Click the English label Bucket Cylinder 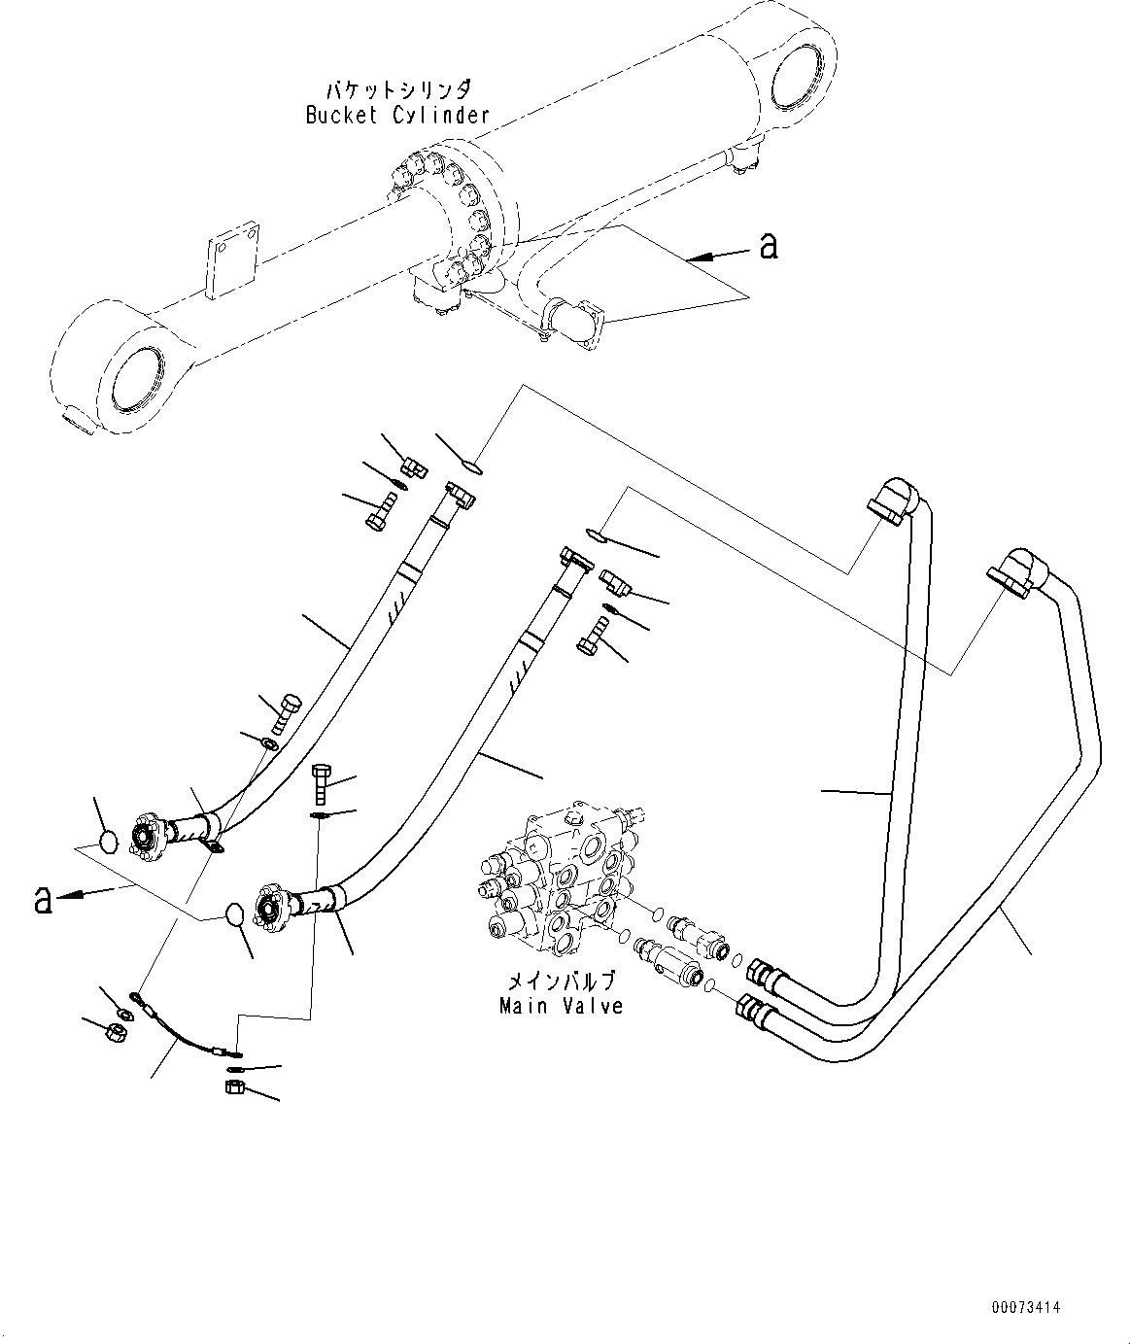click(x=396, y=115)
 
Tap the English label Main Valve click(x=561, y=1006)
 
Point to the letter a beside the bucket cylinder click(x=769, y=247)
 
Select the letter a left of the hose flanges click(x=42, y=900)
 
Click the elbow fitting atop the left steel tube click(x=888, y=501)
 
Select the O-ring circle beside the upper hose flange click(x=112, y=840)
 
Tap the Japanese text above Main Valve click(x=562, y=982)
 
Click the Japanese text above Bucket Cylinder click(x=399, y=90)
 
